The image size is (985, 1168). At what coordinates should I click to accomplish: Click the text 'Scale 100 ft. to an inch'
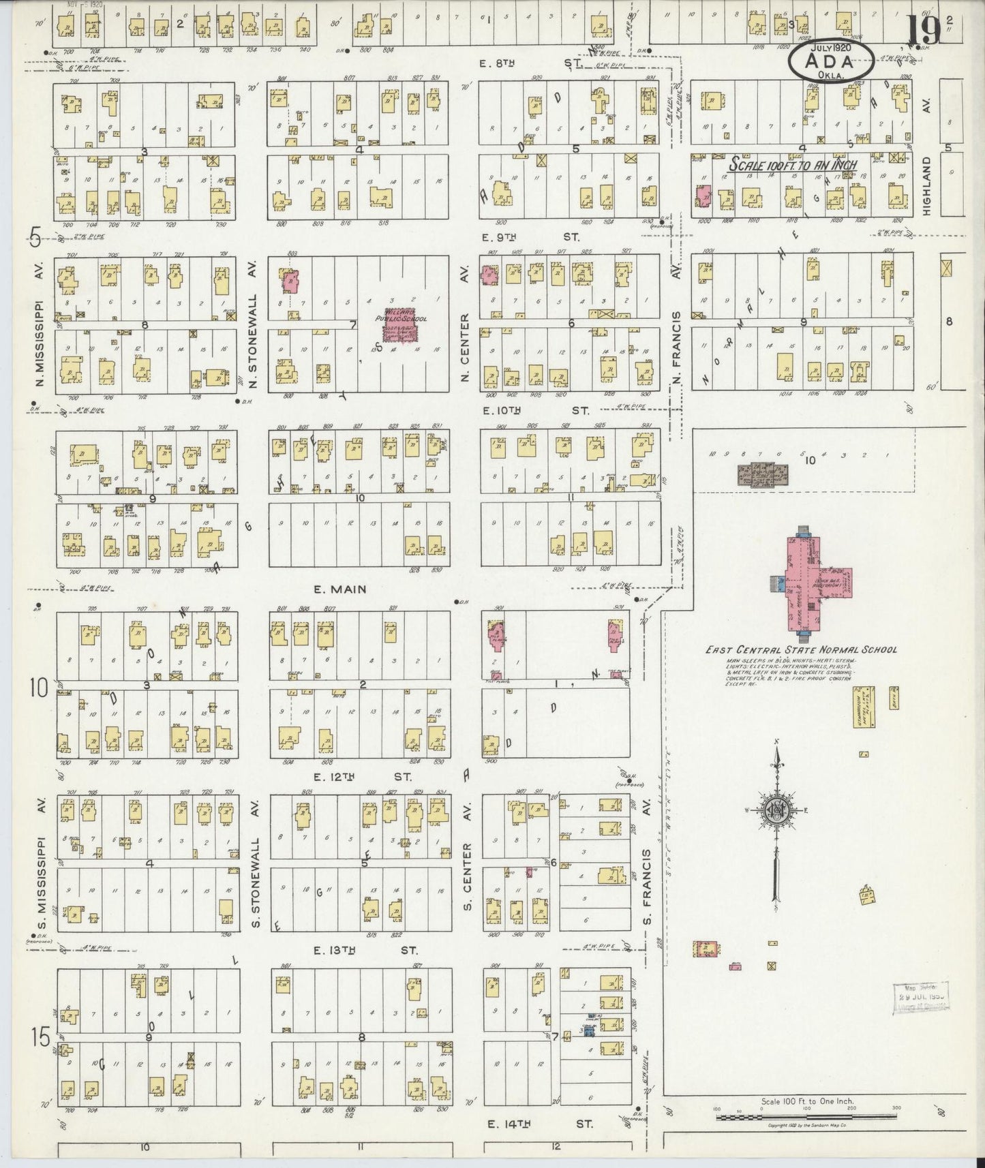coord(793,164)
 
